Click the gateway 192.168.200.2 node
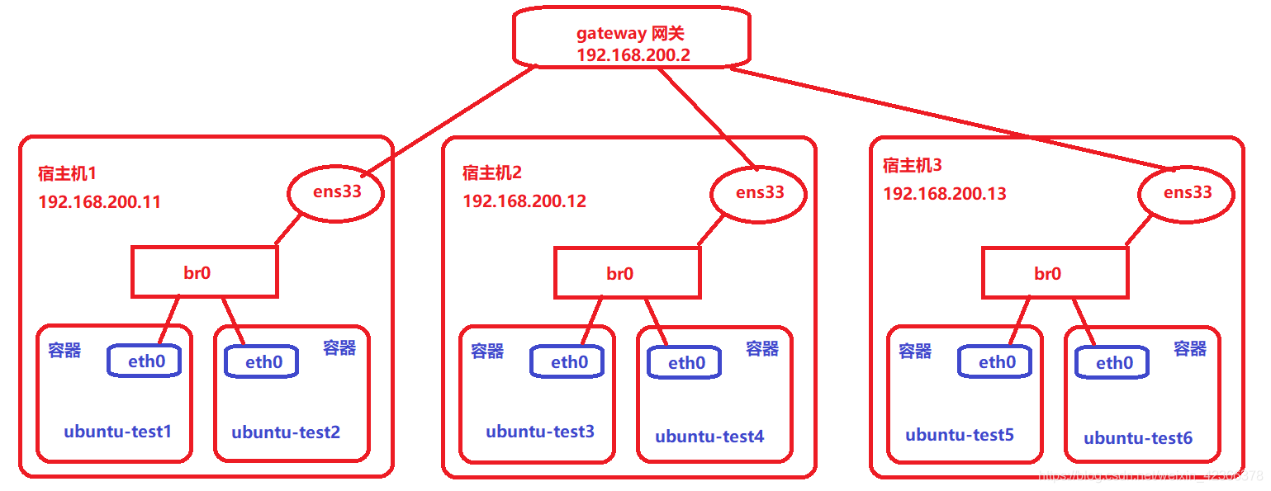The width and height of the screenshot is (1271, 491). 632,37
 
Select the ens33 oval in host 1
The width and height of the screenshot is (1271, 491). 336,193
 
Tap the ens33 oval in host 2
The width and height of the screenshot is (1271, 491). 759,193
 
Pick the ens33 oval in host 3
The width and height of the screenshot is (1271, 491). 1187,193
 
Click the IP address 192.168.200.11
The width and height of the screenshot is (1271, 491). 99,202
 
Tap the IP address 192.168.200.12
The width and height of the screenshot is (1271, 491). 524,201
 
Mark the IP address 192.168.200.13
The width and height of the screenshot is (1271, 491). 945,194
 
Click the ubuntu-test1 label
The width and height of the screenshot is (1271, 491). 117,432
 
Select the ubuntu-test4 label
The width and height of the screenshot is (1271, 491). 709,437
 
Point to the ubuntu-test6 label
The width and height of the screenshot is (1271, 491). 1137,438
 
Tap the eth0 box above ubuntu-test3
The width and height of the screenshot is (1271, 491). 569,362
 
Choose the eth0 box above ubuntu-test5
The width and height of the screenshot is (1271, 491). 997,362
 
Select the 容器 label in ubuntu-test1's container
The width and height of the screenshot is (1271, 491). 64,351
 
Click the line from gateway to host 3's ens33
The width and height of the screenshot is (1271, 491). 950,120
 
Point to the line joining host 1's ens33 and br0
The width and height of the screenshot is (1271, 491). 288,230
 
